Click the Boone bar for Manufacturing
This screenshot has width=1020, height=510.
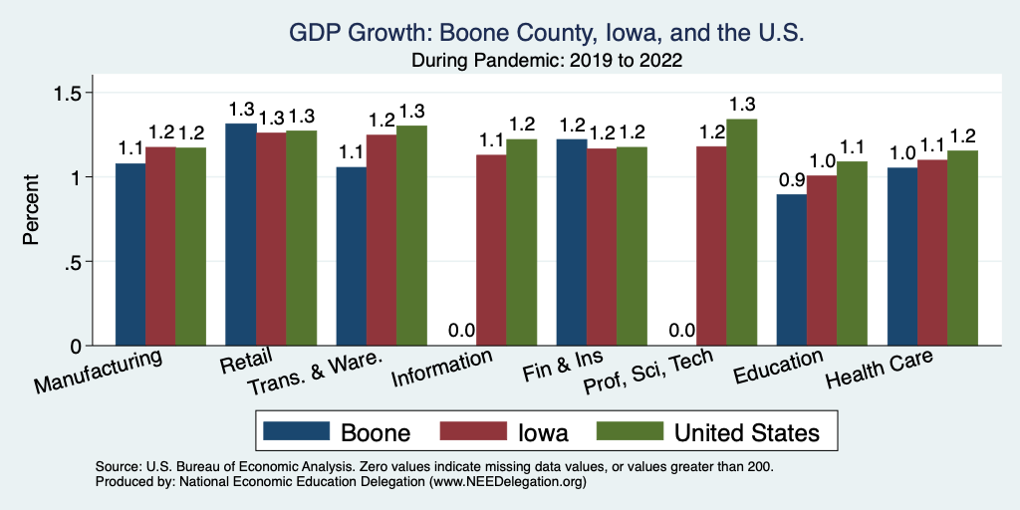[x=130, y=254]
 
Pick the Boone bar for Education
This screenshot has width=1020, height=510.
[x=792, y=270]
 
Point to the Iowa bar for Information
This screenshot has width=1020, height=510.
[x=490, y=250]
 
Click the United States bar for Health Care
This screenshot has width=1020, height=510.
[x=962, y=248]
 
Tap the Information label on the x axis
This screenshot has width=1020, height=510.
[x=442, y=370]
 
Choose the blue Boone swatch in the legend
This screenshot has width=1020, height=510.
[x=296, y=431]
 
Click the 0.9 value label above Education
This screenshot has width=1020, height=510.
[x=791, y=180]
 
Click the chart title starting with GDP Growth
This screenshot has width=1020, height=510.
[x=547, y=34]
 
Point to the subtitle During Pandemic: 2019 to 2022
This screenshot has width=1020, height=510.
[x=547, y=61]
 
